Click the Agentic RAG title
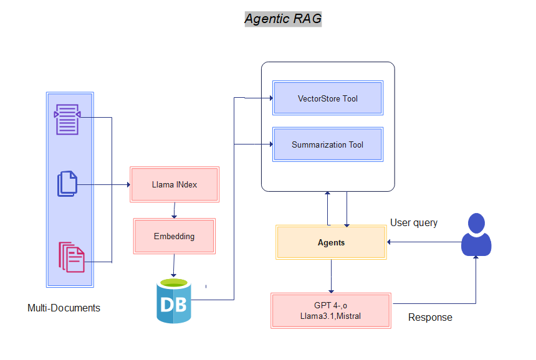coord(283,19)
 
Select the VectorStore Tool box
coord(327,98)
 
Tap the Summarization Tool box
coord(327,144)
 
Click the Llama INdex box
coord(175,184)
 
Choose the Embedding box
coord(174,236)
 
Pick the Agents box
coord(331,242)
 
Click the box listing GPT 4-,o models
coord(331,310)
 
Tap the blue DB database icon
coord(173,302)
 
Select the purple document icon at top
coord(67,119)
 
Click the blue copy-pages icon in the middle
coord(67,184)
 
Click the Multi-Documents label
coord(64,308)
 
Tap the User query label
coord(414,222)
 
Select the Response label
coord(430,318)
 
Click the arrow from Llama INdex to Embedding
coord(175,210)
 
